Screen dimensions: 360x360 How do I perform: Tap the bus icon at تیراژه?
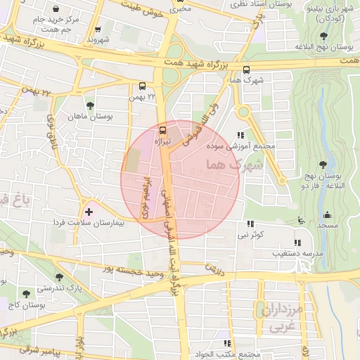pyautogui.click(x=163, y=129)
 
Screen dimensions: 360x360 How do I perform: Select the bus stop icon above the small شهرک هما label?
pyautogui.click(x=246, y=70)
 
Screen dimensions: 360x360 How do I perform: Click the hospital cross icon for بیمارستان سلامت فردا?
pyautogui.click(x=89, y=211)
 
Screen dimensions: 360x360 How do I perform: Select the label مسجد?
pyautogui.click(x=326, y=226)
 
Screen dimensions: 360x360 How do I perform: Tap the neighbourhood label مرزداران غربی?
pyautogui.click(x=285, y=319)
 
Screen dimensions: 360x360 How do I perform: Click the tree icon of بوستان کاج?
pyautogui.click(x=26, y=294)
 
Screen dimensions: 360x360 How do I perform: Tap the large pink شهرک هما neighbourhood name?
pyautogui.click(x=235, y=165)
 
